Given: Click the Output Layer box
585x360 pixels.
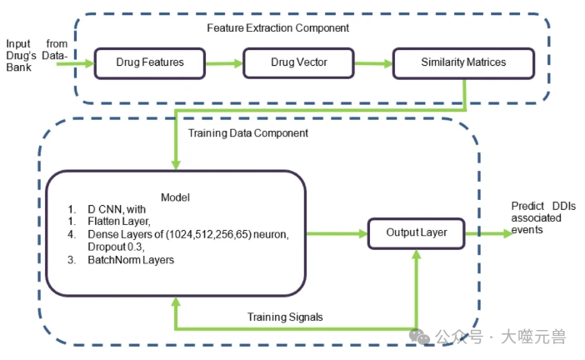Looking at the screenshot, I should [x=416, y=232].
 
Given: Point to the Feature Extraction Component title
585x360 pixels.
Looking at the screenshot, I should [x=277, y=27].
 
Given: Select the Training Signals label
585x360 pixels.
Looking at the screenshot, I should [x=285, y=317].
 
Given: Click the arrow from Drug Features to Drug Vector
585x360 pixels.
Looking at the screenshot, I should [x=224, y=62].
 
